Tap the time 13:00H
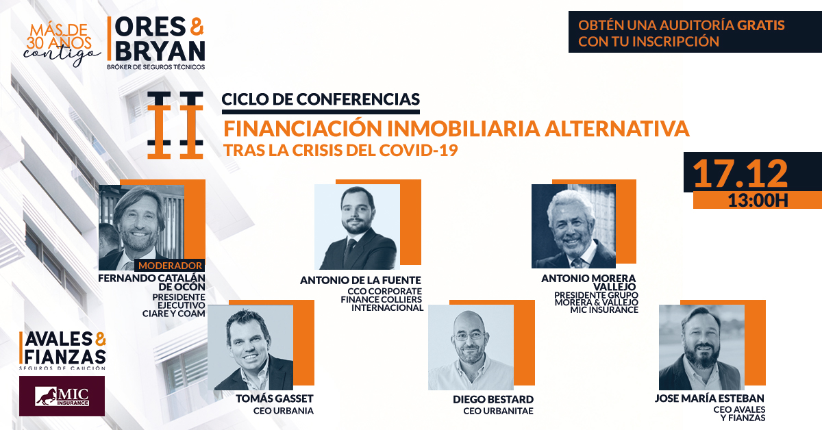coord(758,201)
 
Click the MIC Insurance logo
coord(62,396)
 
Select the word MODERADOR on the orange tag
coord(171,265)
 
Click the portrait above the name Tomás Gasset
coord(250,347)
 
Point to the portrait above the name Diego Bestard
coord(471,347)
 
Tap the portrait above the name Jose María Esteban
coord(701,347)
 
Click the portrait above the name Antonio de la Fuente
coord(357,227)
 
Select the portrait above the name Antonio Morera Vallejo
coord(573,226)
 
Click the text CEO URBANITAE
coord(498,411)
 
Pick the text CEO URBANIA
coord(284,411)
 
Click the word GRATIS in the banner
coord(761,25)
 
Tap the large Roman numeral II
coord(175,125)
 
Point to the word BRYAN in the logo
coord(160,51)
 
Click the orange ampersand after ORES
coord(197,27)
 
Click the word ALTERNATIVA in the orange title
coord(616,129)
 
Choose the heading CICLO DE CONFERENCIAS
coord(321,99)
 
